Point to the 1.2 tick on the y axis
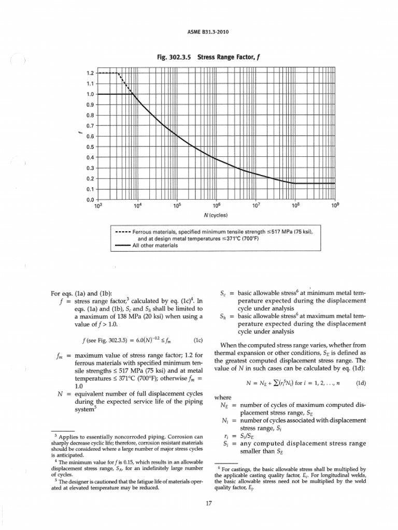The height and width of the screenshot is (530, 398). [90, 73]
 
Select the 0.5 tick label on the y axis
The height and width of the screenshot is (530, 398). [90, 146]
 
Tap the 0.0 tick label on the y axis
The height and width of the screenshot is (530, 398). [90, 199]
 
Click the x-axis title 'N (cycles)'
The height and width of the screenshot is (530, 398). [216, 215]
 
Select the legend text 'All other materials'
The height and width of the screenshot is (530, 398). [155, 245]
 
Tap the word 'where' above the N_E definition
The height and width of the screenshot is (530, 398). [222, 397]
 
